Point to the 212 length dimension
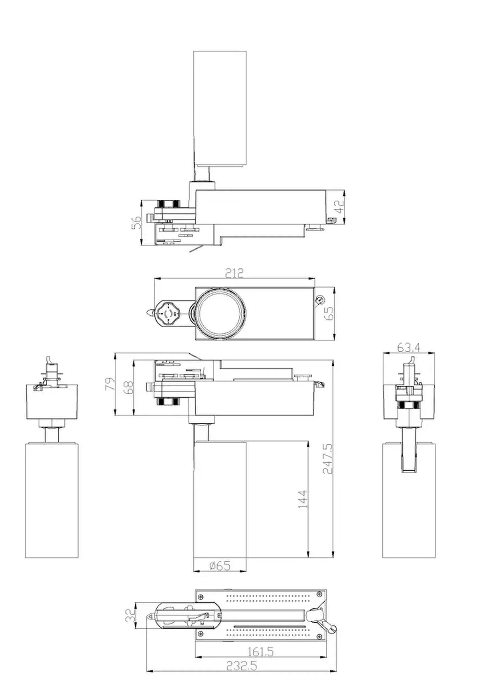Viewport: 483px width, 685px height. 234,273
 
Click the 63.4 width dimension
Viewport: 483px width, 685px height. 409,348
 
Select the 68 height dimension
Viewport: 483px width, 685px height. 129,388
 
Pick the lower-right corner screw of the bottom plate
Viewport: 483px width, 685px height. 320,637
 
